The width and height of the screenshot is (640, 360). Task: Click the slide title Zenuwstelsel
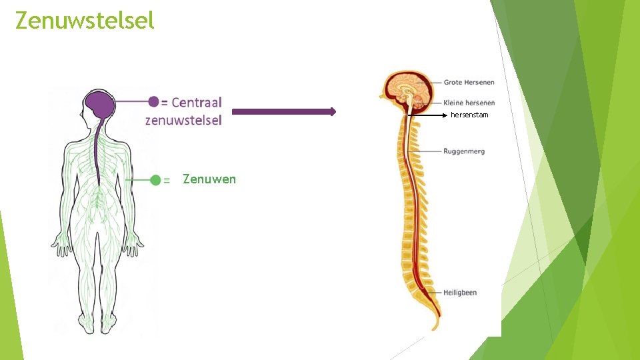coord(85,21)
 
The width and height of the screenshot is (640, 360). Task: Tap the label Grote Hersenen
coord(469,82)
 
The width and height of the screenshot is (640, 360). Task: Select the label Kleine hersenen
coord(469,103)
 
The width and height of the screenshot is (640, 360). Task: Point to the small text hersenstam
coord(469,115)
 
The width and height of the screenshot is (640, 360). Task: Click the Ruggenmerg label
coord(464,151)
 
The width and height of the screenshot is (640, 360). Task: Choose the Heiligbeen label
coord(460,293)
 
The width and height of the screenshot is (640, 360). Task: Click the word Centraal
coord(197,102)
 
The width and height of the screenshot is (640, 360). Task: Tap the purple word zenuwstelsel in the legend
coord(183,121)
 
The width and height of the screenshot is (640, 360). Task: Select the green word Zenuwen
coord(209,179)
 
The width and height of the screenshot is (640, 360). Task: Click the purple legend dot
coord(154,101)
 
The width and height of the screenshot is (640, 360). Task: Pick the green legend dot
coord(155,180)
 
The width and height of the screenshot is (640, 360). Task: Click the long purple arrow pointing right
coord(284,112)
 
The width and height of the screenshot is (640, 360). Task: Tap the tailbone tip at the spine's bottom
coord(435,326)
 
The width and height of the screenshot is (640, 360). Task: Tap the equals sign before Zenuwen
coord(167,180)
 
